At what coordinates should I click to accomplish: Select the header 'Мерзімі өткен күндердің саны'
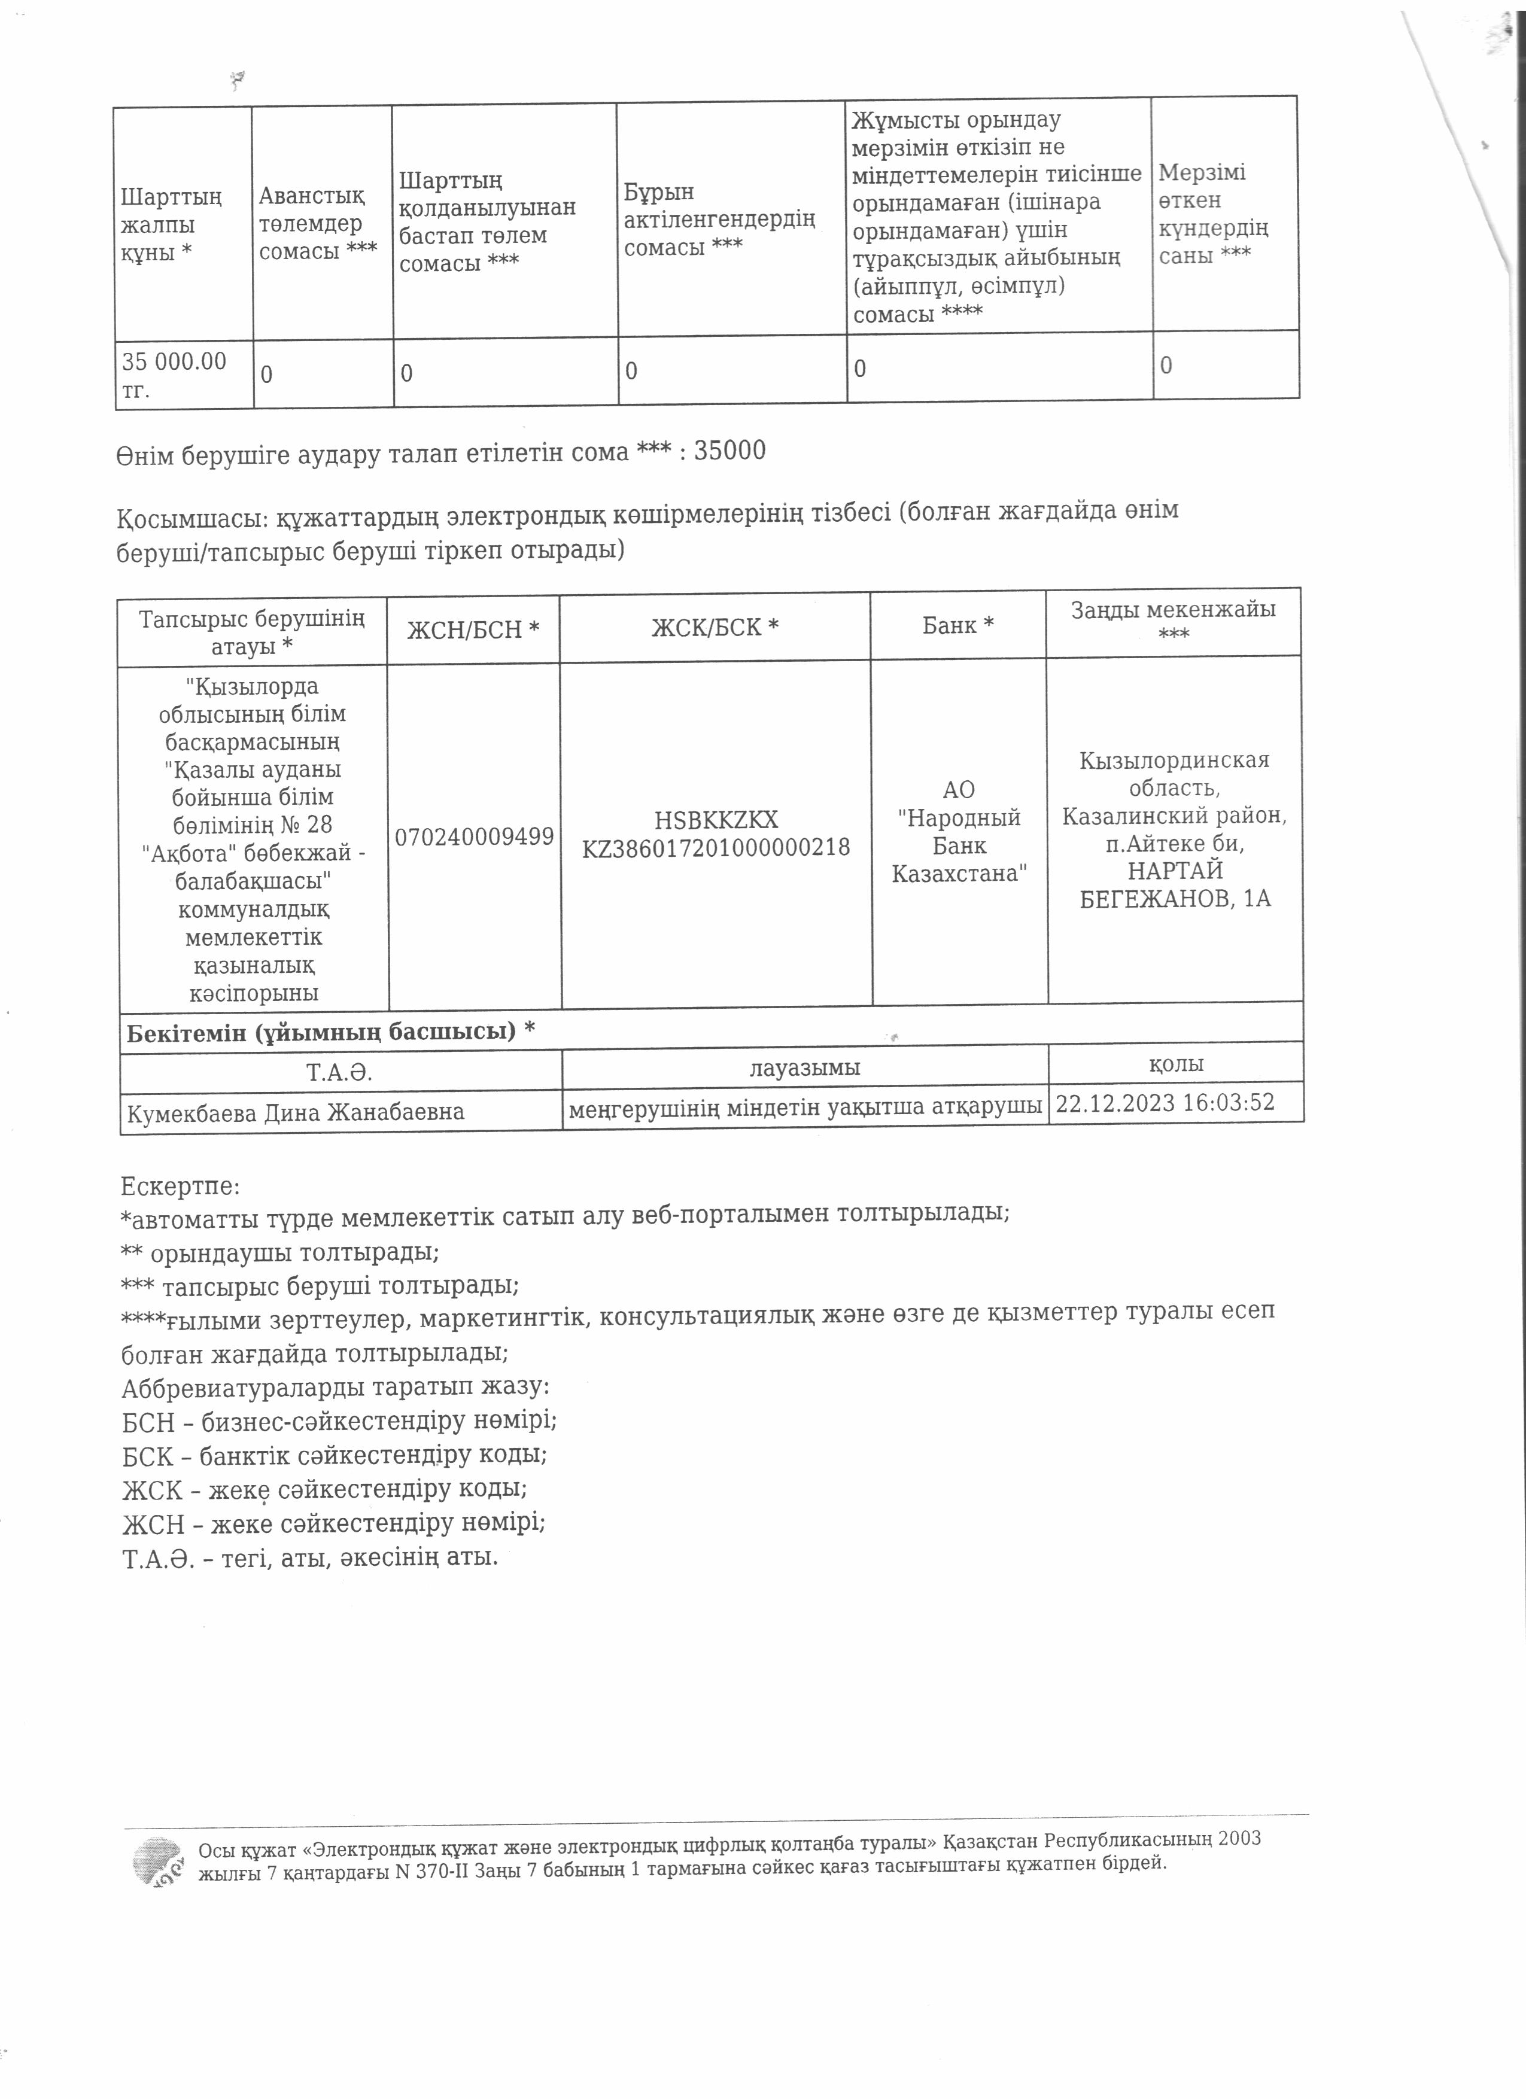click(x=1212, y=214)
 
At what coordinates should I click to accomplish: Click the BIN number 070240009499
click(x=474, y=836)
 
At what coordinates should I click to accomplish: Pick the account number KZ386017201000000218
click(x=715, y=847)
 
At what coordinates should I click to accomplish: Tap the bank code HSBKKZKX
click(x=715, y=820)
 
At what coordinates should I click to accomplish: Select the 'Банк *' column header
click(x=958, y=626)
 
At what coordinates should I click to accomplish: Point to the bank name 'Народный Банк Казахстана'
click(x=959, y=845)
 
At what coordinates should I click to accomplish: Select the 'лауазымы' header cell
click(x=804, y=1067)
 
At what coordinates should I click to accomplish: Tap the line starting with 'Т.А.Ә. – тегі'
click(x=310, y=1557)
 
